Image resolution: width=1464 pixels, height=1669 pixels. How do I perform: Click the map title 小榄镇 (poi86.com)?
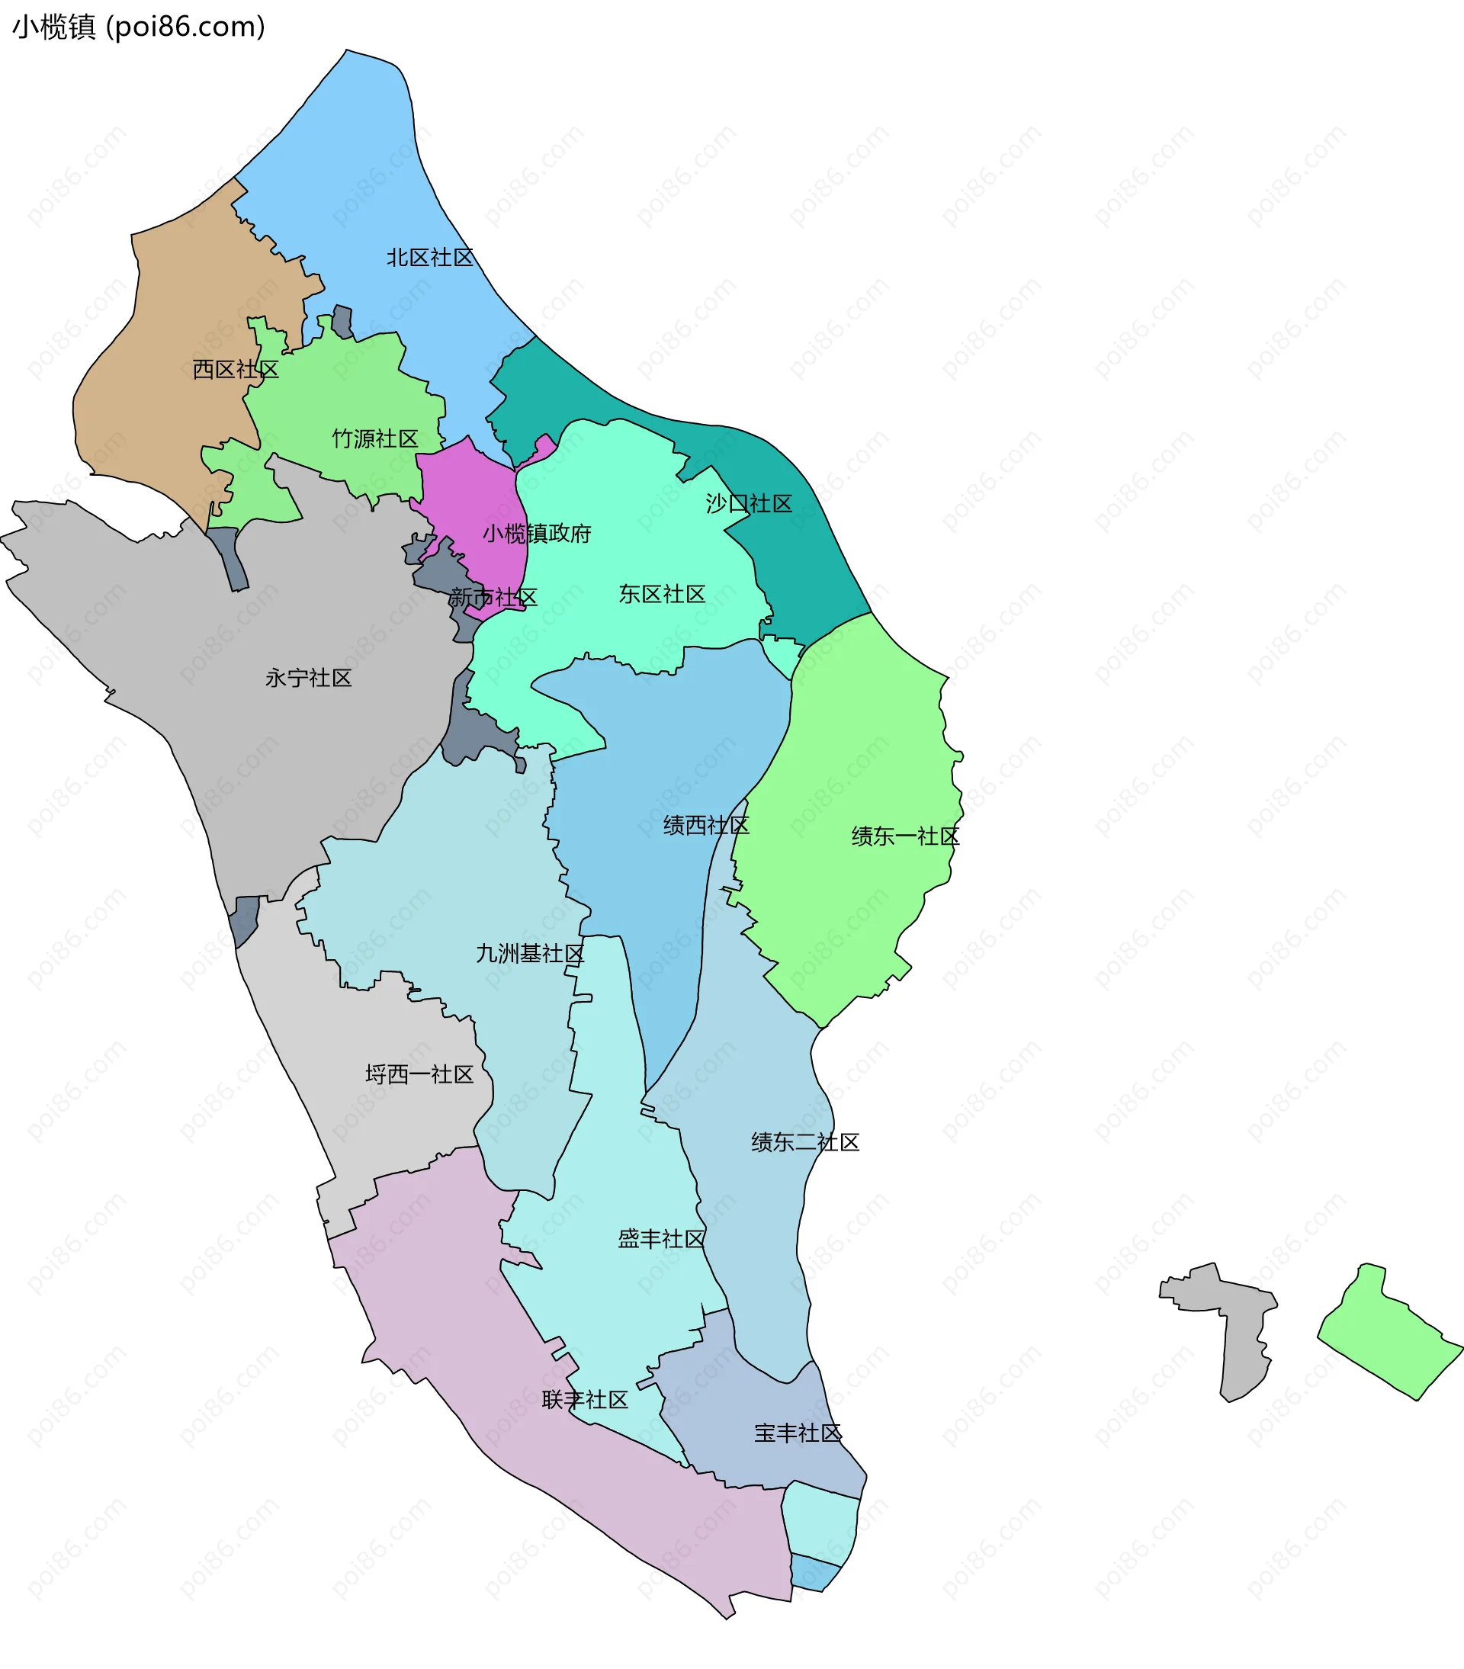click(139, 27)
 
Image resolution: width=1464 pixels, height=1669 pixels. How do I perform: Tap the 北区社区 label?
click(429, 258)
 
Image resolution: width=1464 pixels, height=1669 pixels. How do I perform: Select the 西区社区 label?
click(235, 370)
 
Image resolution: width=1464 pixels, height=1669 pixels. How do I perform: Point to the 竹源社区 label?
click(375, 439)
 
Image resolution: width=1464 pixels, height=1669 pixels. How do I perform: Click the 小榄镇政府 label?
click(537, 534)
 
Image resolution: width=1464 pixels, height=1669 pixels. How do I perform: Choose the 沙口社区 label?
click(749, 504)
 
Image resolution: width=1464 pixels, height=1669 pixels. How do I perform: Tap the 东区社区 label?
click(661, 595)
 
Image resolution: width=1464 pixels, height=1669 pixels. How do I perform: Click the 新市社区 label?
click(493, 598)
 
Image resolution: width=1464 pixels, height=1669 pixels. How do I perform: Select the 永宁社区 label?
click(308, 679)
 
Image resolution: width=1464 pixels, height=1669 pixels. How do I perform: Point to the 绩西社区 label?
click(705, 826)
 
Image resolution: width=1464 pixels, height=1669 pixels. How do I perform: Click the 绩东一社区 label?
click(904, 837)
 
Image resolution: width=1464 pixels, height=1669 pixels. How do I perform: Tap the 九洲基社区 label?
click(530, 954)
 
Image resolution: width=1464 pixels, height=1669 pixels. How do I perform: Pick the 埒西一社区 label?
click(419, 1074)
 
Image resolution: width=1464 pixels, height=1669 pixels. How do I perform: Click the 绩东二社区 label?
click(805, 1142)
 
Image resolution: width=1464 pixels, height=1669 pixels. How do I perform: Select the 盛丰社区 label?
click(660, 1240)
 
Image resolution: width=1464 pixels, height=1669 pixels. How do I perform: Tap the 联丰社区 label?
click(585, 1401)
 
